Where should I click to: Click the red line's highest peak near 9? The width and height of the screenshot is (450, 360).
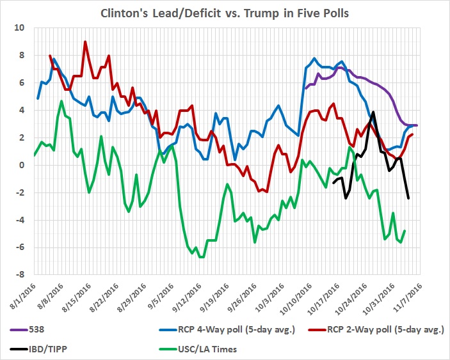click(85, 42)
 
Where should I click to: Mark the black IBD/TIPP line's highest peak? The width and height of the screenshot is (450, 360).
click(373, 113)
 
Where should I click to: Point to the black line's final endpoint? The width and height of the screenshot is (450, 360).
click(408, 198)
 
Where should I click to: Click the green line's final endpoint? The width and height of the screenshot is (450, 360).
click(405, 231)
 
